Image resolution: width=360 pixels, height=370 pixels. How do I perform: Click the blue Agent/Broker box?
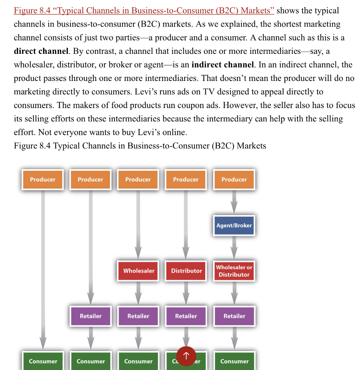pyautogui.click(x=234, y=225)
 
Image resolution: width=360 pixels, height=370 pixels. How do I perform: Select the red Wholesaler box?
pyautogui.click(x=138, y=271)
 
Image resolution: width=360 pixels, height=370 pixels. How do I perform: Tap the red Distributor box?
pyautogui.click(x=186, y=271)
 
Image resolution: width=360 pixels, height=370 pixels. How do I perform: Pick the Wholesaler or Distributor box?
pyautogui.click(x=234, y=271)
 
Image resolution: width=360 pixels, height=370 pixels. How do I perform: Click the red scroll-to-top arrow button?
pyautogui.click(x=186, y=356)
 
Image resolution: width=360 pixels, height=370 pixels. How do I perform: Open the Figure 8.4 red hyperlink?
pyautogui.click(x=144, y=10)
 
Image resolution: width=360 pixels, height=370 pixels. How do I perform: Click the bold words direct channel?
pyautogui.click(x=41, y=51)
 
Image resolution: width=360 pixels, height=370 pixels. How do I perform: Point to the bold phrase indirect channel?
pyautogui.click(x=223, y=65)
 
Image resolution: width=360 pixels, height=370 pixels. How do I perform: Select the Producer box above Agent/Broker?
pyautogui.click(x=234, y=180)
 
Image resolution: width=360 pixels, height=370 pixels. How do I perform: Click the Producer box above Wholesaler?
pyautogui.click(x=138, y=180)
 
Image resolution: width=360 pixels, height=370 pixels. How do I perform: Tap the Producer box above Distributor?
pyautogui.click(x=186, y=180)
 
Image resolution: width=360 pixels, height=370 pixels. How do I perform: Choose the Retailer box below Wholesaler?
pyautogui.click(x=138, y=316)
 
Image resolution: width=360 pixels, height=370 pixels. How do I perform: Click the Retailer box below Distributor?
pyautogui.click(x=186, y=316)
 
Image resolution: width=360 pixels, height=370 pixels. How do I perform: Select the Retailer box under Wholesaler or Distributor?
pyautogui.click(x=234, y=316)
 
